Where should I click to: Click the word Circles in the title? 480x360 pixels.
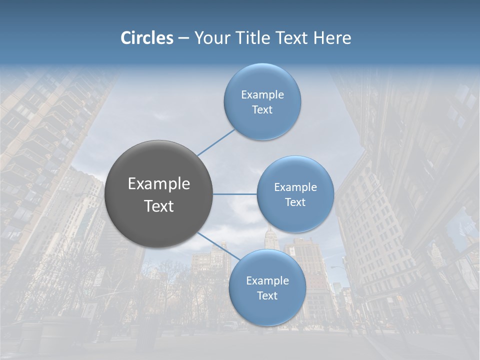pyautogui.click(x=147, y=38)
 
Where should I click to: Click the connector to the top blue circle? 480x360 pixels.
pyautogui.click(x=216, y=142)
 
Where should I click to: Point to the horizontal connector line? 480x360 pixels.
pyautogui.click(x=235, y=194)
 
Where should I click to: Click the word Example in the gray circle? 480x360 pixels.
pyautogui.click(x=159, y=184)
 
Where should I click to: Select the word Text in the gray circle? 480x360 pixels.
pyautogui.click(x=159, y=206)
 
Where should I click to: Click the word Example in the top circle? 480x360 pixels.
pyautogui.click(x=262, y=95)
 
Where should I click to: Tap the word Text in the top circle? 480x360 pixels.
pyautogui.click(x=262, y=110)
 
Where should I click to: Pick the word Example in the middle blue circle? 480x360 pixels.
pyautogui.click(x=295, y=187)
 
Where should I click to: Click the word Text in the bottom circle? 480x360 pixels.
pyautogui.click(x=267, y=296)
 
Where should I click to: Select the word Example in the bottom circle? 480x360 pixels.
pyautogui.click(x=267, y=281)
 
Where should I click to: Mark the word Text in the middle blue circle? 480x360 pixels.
pyautogui.click(x=295, y=202)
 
